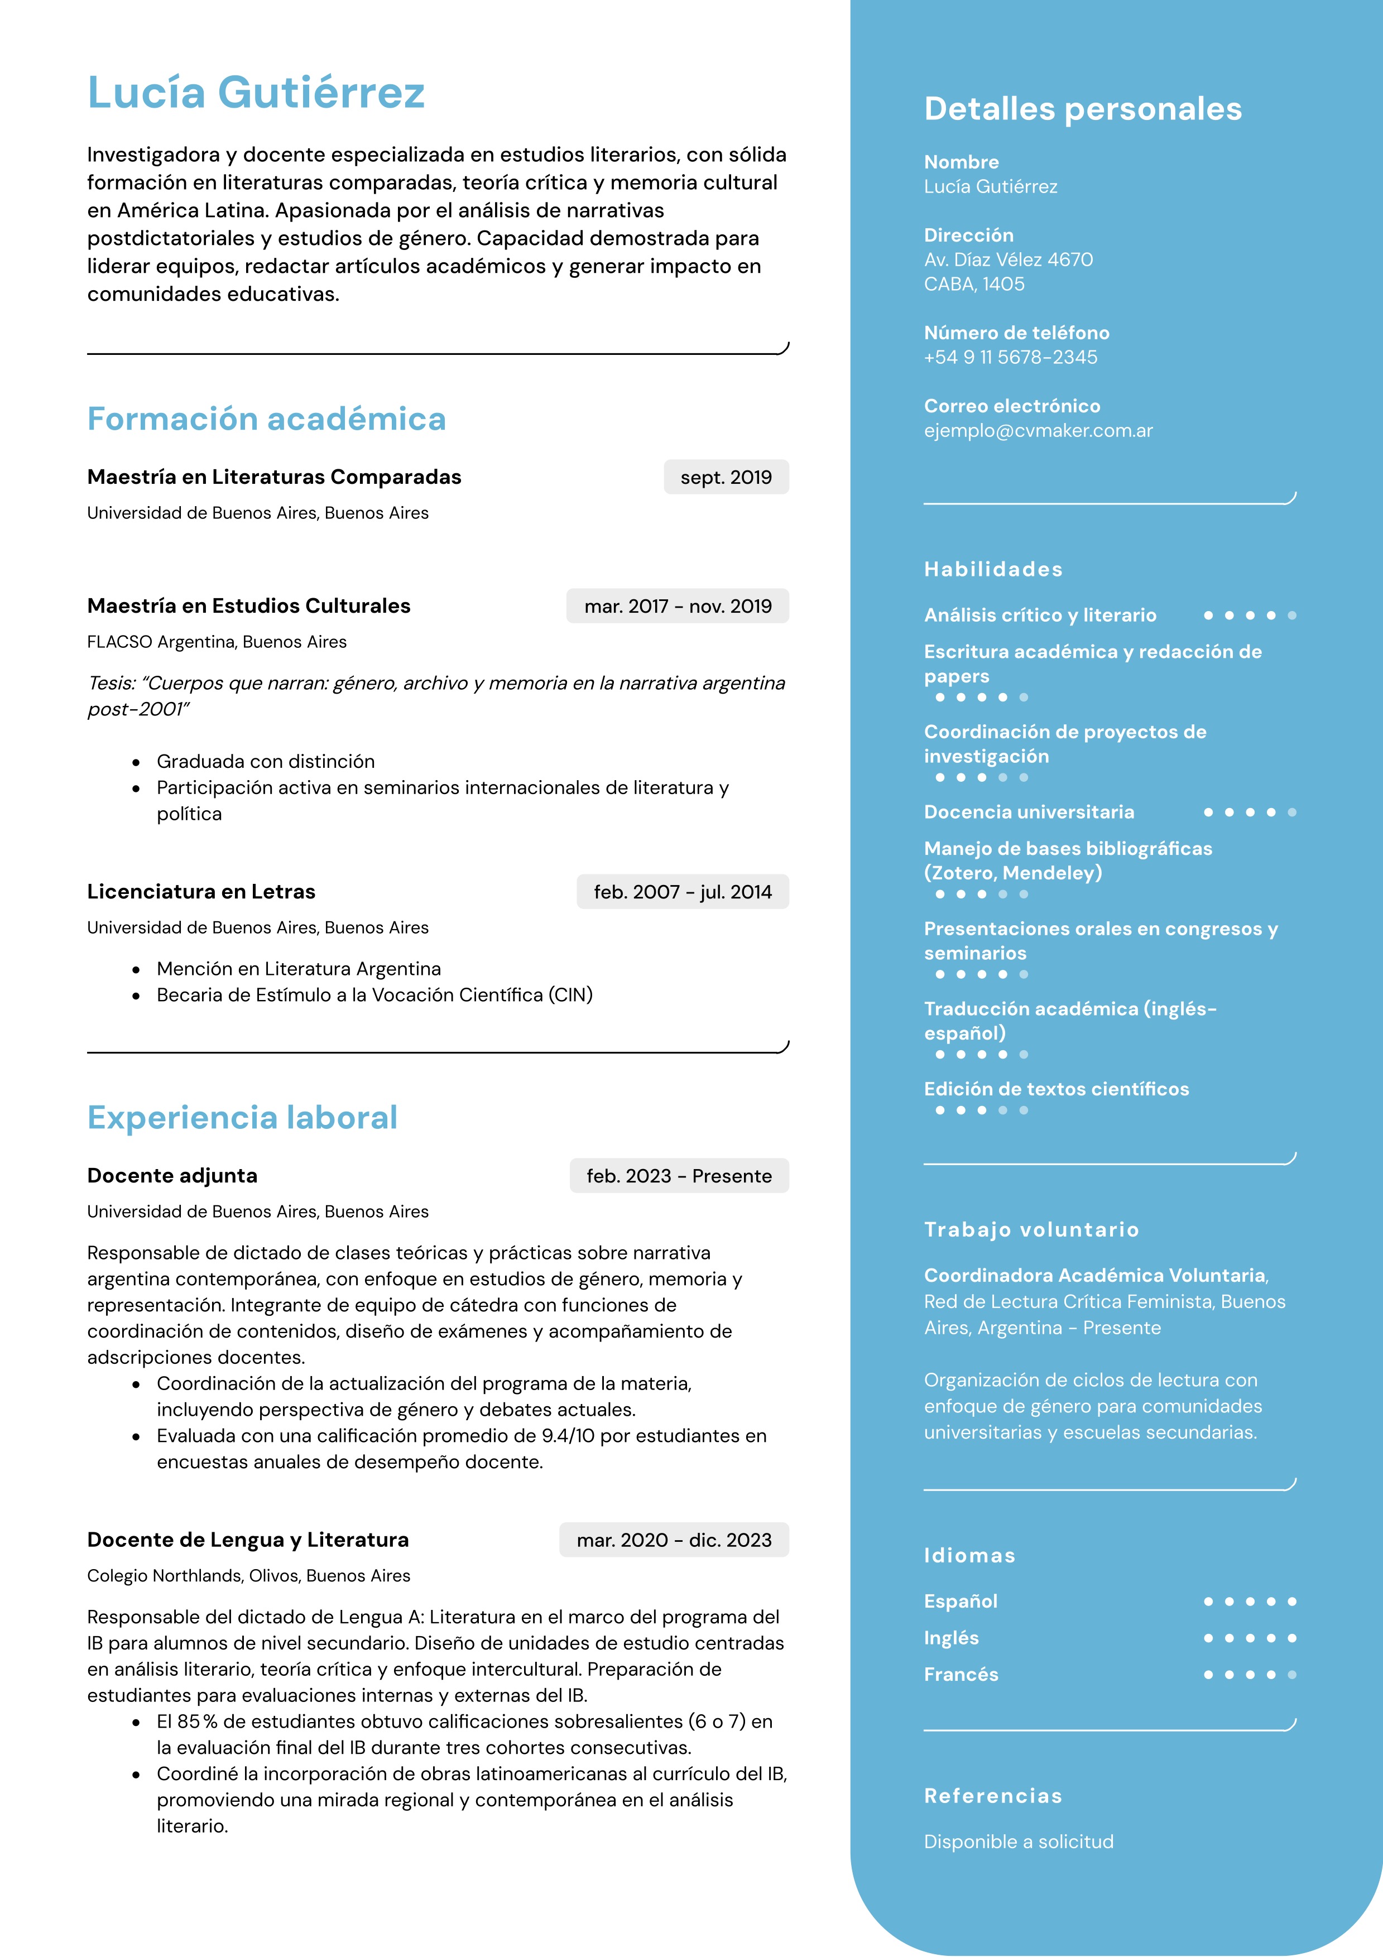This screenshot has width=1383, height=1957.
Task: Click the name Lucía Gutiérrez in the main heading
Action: [256, 93]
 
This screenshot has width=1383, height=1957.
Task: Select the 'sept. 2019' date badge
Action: [726, 477]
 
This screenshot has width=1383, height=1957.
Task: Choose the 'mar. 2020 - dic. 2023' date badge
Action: [674, 1540]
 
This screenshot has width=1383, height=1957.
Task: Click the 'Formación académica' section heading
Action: [266, 420]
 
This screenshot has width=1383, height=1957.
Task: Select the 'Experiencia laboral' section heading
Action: [242, 1117]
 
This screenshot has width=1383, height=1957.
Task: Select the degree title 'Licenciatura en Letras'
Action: [201, 892]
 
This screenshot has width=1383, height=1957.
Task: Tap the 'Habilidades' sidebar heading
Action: [993, 569]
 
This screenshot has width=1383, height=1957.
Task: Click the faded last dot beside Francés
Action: [1292, 1675]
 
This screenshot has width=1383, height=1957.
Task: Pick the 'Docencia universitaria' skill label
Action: [1029, 812]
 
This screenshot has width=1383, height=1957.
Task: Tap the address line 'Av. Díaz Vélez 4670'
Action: [1008, 260]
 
